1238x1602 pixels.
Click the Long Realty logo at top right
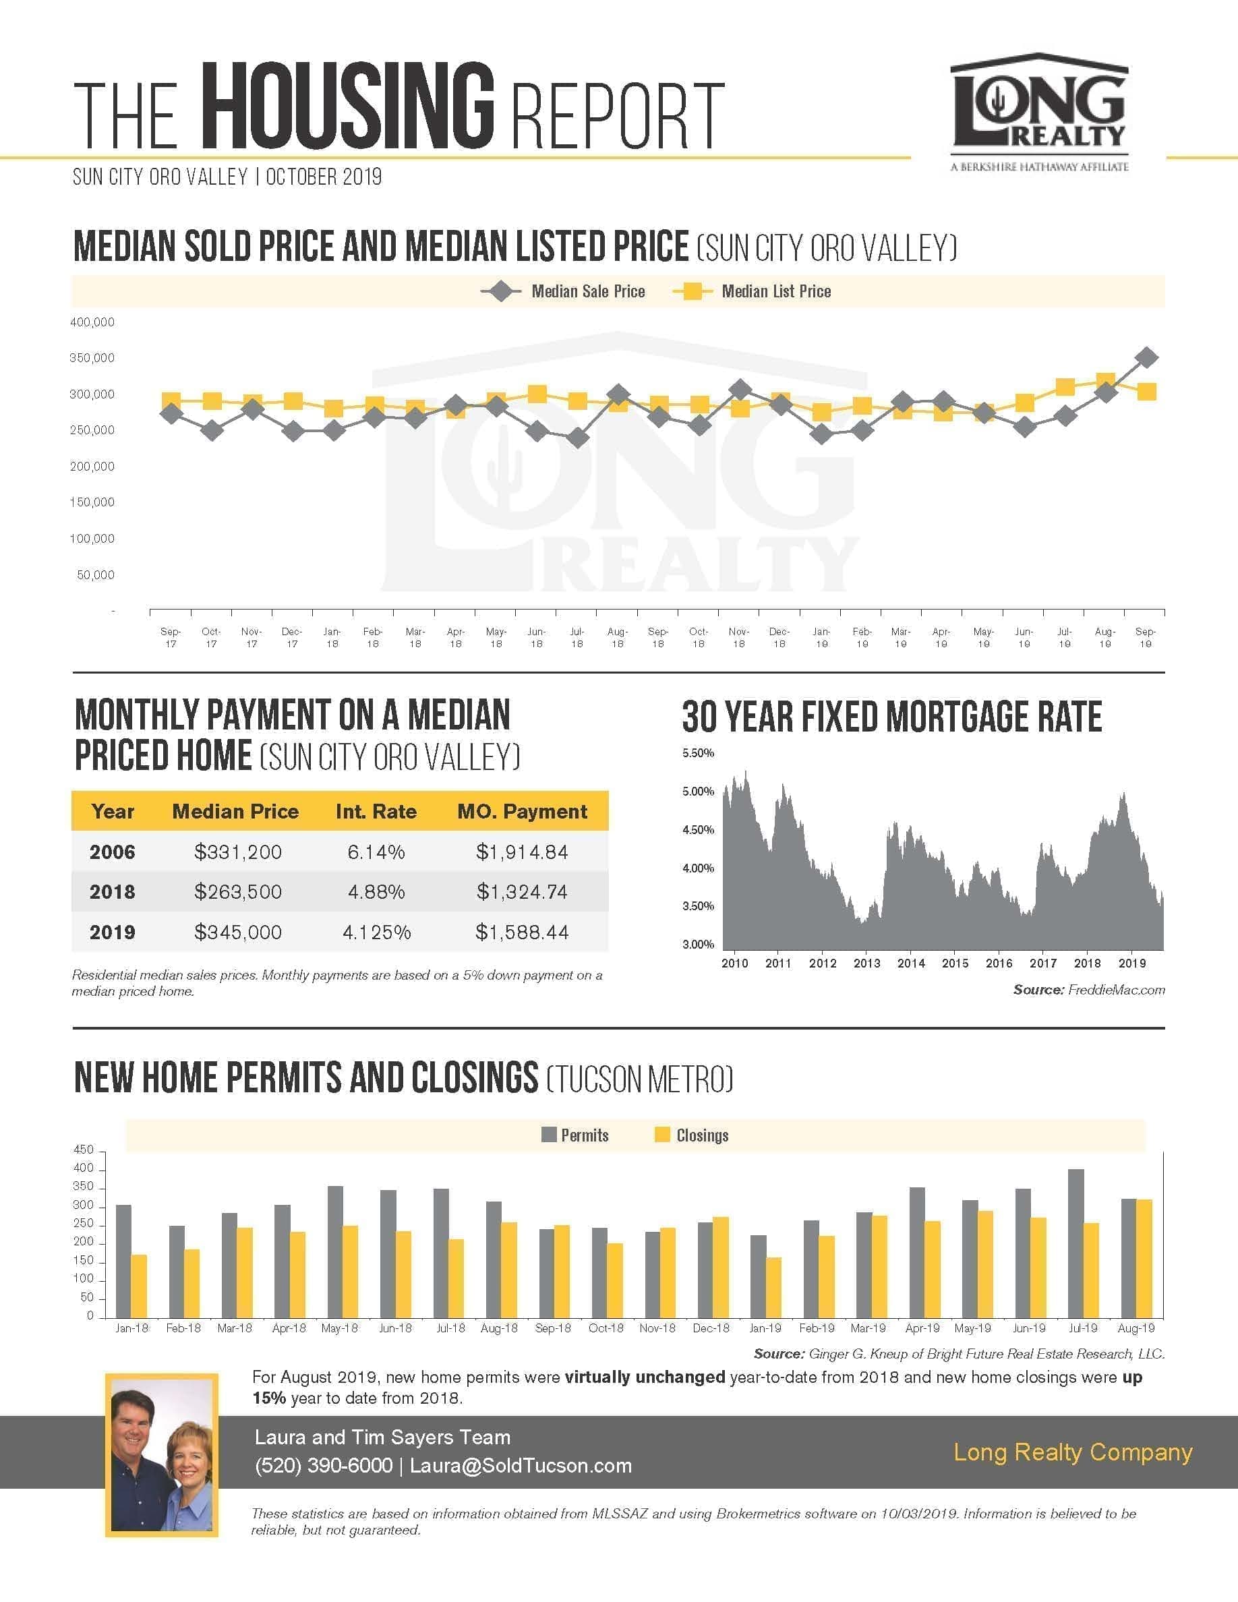pyautogui.click(x=1039, y=111)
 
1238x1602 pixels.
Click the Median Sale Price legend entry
pyautogui.click(x=562, y=291)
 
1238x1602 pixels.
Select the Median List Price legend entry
pyautogui.click(x=752, y=291)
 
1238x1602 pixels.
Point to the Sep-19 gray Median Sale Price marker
pyautogui.click(x=1146, y=358)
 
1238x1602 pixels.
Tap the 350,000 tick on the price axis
pyautogui.click(x=92, y=358)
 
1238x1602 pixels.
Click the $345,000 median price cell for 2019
pyautogui.click(x=237, y=932)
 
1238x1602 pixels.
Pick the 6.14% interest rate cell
pyautogui.click(x=376, y=852)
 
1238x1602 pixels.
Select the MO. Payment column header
pyautogui.click(x=522, y=811)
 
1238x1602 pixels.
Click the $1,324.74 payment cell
pyautogui.click(x=522, y=892)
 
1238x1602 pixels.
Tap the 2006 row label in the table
pyautogui.click(x=112, y=852)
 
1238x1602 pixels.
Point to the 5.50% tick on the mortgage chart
pyautogui.click(x=697, y=753)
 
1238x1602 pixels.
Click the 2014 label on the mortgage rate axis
pyautogui.click(x=911, y=963)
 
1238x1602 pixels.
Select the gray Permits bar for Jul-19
pyautogui.click(x=1076, y=1244)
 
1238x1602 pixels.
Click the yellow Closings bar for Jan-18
pyautogui.click(x=140, y=1286)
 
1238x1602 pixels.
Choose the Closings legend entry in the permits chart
pyautogui.click(x=692, y=1135)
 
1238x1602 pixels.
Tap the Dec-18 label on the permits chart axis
pyautogui.click(x=711, y=1328)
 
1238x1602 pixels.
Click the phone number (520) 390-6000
pyautogui.click(x=324, y=1466)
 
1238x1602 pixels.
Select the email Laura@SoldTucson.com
pyautogui.click(x=521, y=1466)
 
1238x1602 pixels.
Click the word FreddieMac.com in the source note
pyautogui.click(x=1116, y=990)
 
